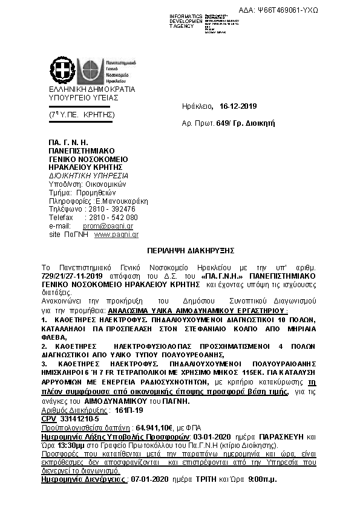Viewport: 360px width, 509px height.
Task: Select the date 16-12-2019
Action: [x=238, y=106]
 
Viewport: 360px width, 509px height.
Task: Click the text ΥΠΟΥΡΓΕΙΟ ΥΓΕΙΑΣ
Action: [x=83, y=97]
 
